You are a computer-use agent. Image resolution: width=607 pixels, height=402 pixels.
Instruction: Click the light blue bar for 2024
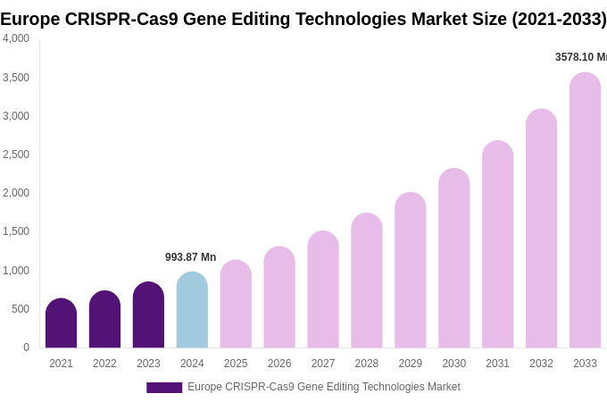click(192, 310)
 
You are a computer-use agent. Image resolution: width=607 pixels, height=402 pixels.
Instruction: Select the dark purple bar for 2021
click(61, 323)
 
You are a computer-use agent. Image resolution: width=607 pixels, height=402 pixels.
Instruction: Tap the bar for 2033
click(585, 211)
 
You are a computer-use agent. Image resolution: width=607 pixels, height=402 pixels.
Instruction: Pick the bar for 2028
click(366, 281)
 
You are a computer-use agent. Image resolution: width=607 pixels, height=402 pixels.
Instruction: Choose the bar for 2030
click(453, 258)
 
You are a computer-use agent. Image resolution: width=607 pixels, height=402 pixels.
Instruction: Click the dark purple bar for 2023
click(148, 315)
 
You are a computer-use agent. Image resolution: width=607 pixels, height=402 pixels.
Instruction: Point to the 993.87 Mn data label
click(190, 257)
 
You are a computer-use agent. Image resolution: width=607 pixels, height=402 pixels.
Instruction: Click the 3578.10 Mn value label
click(580, 57)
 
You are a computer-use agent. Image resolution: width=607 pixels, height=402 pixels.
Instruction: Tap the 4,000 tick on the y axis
click(16, 38)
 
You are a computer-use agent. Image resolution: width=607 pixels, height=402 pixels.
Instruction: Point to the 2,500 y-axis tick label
click(16, 155)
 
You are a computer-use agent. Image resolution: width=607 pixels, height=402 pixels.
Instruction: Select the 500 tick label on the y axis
click(20, 309)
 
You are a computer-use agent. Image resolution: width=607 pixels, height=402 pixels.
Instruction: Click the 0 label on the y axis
click(26, 348)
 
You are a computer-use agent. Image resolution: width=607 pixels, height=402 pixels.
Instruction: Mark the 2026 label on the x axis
click(279, 364)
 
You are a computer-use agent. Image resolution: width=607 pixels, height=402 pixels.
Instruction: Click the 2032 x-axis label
click(541, 364)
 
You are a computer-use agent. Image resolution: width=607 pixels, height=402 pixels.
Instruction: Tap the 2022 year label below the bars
click(104, 364)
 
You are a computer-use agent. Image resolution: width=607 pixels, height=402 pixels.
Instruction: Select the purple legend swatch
click(164, 388)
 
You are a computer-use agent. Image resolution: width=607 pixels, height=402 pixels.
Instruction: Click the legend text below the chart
click(323, 387)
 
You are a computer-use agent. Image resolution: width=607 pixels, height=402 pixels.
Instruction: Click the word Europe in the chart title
click(33, 19)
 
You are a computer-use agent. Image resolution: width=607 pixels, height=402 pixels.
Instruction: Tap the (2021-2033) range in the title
click(558, 19)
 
